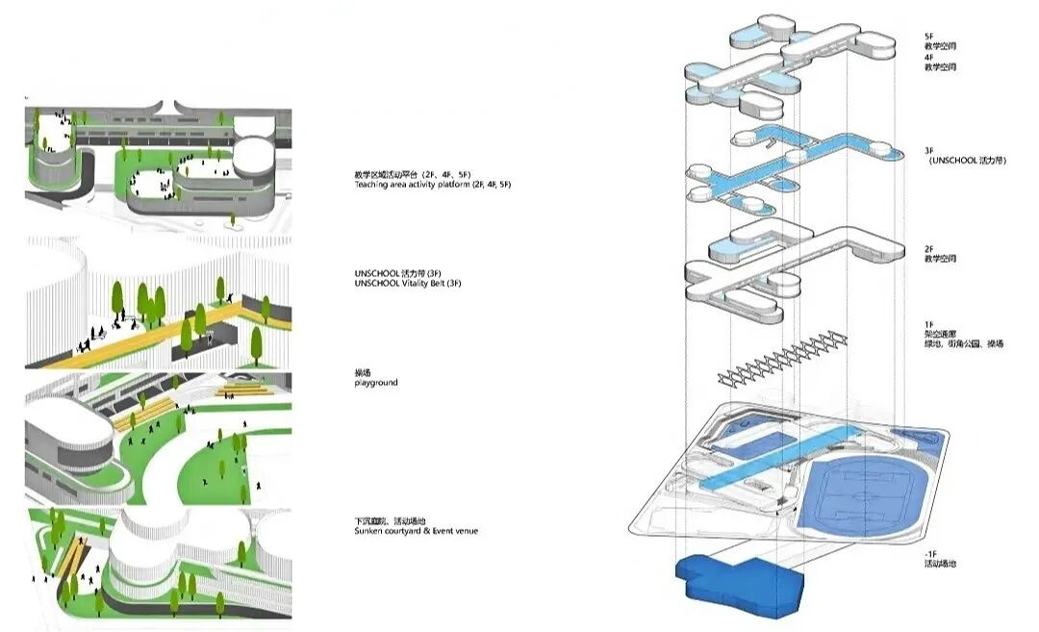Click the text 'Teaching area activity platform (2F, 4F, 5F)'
pyautogui.click(x=432, y=184)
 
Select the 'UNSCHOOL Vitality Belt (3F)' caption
pyautogui.click(x=408, y=284)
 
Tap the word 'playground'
pyautogui.click(x=375, y=383)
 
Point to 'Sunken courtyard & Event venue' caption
pyautogui.click(x=416, y=531)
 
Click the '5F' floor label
pyautogui.click(x=928, y=37)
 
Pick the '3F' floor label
pyautogui.click(x=929, y=151)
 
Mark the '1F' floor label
pyautogui.click(x=928, y=324)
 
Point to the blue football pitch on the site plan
pyautogui.click(x=856, y=492)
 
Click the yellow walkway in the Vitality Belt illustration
pyautogui.click(x=144, y=337)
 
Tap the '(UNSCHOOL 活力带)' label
pyautogui.click(x=967, y=162)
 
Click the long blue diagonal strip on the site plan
pyautogui.click(x=779, y=456)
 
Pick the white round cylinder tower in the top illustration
pyautogui.click(x=253, y=153)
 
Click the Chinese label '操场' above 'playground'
pyautogui.click(x=363, y=372)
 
